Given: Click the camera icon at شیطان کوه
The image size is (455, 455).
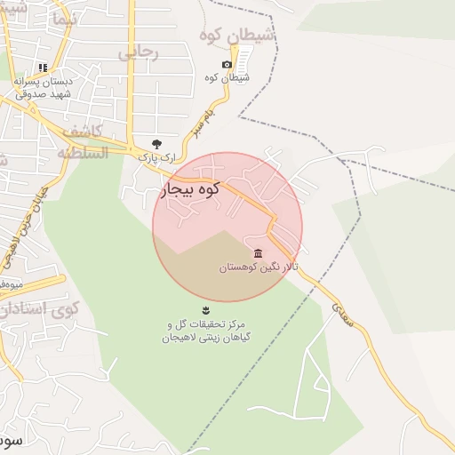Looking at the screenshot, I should click(227, 65).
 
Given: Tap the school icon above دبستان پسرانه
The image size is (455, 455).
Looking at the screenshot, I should click(43, 68).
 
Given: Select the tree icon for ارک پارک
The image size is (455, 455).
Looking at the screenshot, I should click(157, 143).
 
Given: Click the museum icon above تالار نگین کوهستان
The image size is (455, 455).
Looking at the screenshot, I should click(258, 253).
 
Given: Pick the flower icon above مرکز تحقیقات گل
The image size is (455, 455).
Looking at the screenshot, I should click(206, 309).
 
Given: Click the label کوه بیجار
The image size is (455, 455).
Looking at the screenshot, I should click(189, 189).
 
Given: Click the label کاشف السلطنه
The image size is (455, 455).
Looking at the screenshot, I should click(83, 142).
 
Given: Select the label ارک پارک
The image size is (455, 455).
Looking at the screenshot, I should click(153, 156).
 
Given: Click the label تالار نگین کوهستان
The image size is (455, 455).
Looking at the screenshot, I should click(259, 267).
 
